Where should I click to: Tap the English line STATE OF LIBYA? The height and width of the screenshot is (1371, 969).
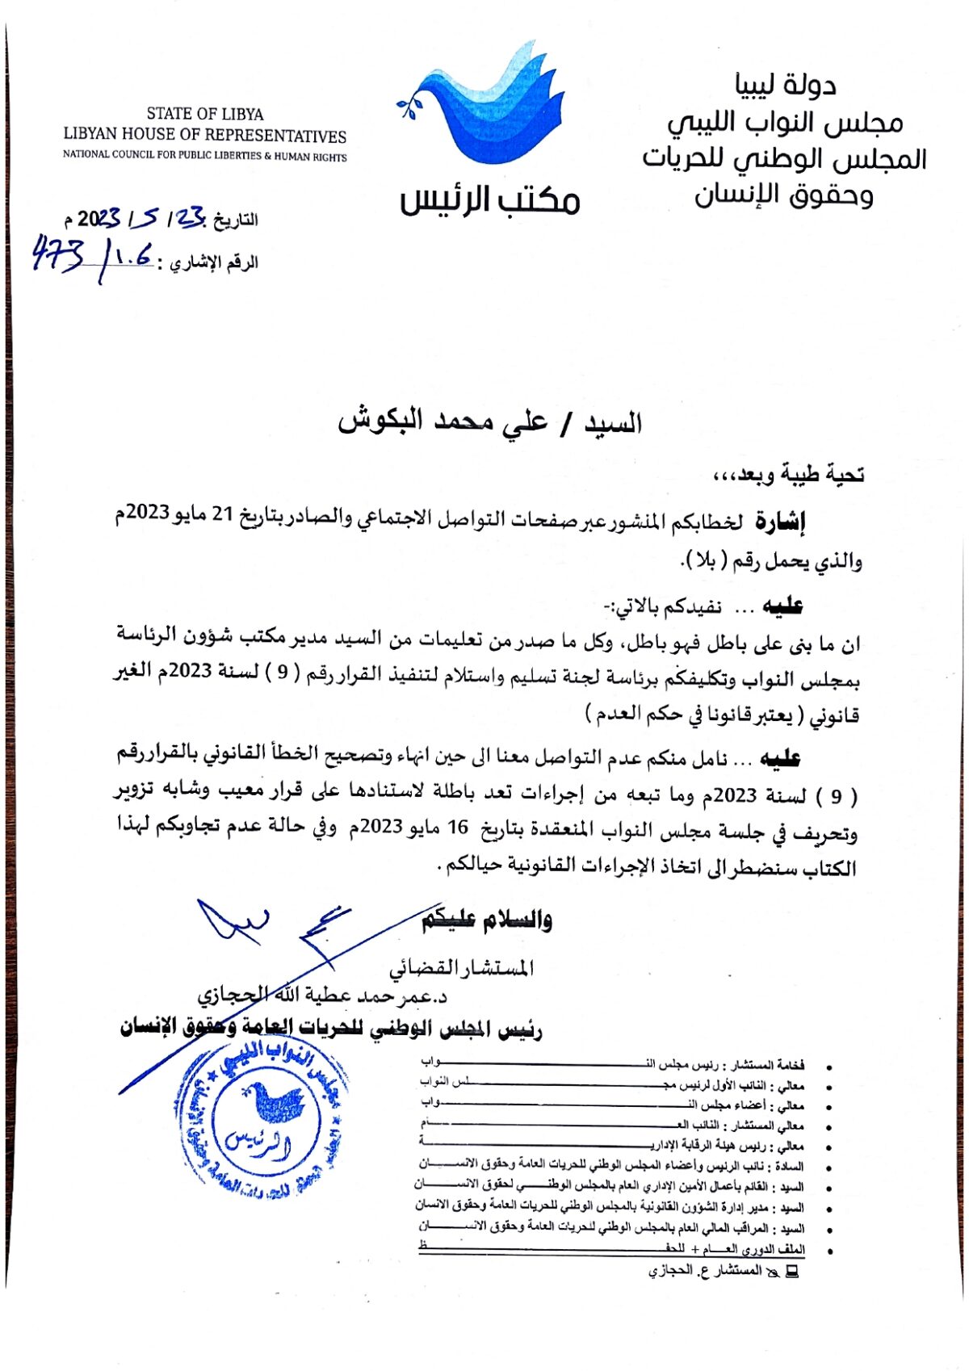(x=205, y=114)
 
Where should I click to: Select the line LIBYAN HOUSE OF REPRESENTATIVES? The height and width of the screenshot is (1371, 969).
(x=205, y=135)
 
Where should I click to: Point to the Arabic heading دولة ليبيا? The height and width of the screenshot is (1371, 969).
(x=785, y=85)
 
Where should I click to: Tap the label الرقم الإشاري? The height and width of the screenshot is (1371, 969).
(x=212, y=263)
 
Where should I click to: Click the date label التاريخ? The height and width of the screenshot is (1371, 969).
(x=234, y=220)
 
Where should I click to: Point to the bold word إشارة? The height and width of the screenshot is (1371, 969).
(x=780, y=522)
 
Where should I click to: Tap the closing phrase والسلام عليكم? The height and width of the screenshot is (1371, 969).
(x=487, y=920)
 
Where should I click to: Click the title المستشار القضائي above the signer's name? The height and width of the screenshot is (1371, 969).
(x=461, y=967)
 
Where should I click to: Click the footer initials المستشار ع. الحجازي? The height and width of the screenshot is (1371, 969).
(x=705, y=1271)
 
